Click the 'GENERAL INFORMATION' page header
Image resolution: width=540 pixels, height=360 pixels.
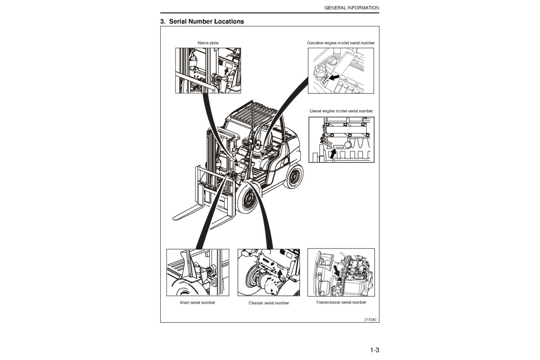click(351, 8)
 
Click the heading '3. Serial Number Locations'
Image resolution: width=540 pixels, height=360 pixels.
click(202, 21)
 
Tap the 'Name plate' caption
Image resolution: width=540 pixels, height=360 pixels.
click(208, 43)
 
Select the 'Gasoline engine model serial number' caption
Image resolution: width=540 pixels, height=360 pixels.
click(341, 43)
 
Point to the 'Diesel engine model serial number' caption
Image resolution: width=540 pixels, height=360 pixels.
click(341, 111)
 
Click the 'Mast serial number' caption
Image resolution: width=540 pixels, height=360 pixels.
click(198, 302)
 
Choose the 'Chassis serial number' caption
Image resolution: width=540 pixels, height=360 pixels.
click(269, 303)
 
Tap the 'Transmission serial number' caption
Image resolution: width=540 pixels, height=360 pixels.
click(341, 302)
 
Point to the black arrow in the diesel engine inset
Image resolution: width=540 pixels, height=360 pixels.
click(333, 153)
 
